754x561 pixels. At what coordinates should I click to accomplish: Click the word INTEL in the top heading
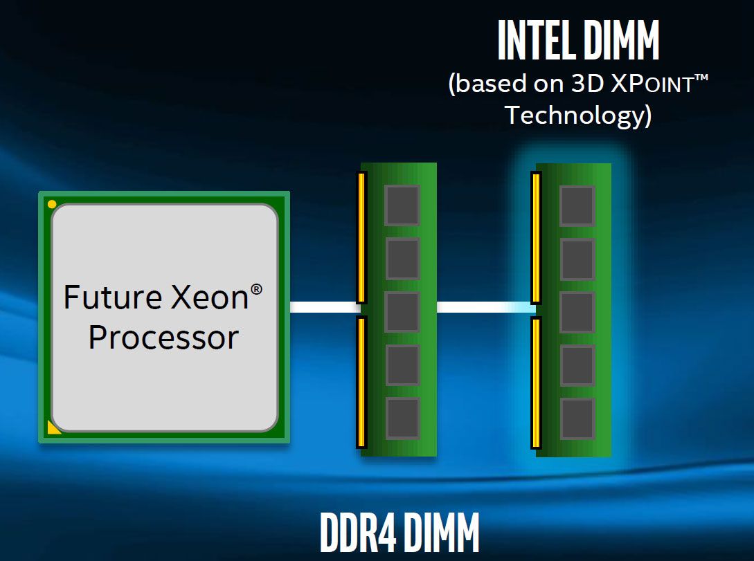pyautogui.click(x=535, y=42)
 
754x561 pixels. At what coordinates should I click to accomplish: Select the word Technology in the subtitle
pyautogui.click(x=578, y=115)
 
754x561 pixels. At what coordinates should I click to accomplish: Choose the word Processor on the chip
pyautogui.click(x=163, y=338)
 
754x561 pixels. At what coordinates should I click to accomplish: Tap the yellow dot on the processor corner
pyautogui.click(x=52, y=204)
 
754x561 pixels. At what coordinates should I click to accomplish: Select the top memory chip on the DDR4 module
pyautogui.click(x=402, y=205)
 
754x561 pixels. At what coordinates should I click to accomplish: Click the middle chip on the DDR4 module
pyautogui.click(x=402, y=312)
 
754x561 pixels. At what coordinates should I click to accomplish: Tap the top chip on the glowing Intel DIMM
pyautogui.click(x=577, y=205)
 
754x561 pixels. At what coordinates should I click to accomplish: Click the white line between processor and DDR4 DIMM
pyautogui.click(x=323, y=307)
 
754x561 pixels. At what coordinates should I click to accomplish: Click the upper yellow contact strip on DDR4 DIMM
pyautogui.click(x=361, y=238)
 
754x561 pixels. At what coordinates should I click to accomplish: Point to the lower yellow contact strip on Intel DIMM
pyautogui.click(x=535, y=383)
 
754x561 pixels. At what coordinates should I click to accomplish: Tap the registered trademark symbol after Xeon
pyautogui.click(x=256, y=288)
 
